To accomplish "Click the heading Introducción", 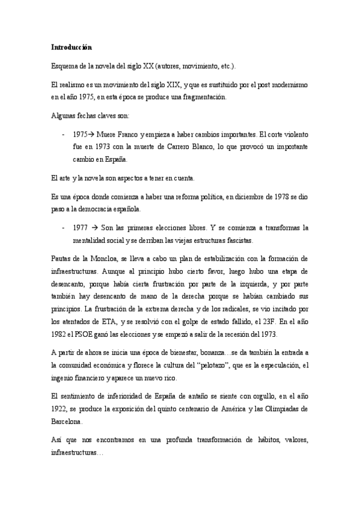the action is pos(71,47).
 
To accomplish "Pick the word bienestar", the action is pos(182,352).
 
